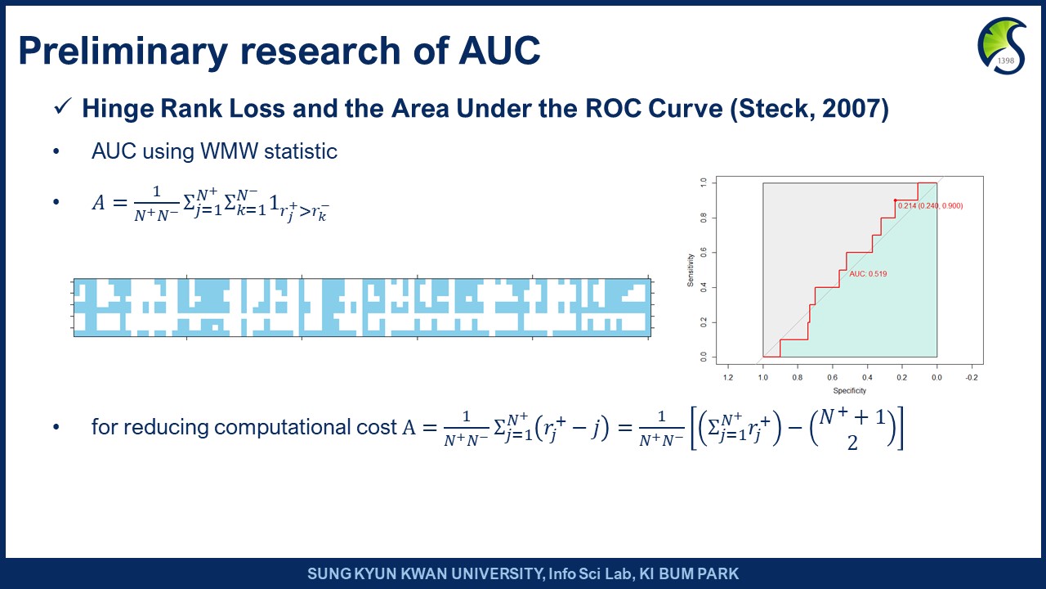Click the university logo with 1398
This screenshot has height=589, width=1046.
[x=1002, y=46]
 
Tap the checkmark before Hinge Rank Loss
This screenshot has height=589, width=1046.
[x=63, y=106]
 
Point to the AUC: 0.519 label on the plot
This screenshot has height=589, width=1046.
[x=868, y=274]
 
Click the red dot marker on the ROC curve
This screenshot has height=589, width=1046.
[x=895, y=200]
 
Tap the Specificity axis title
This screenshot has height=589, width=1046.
[x=849, y=391]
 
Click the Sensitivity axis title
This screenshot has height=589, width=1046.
[x=691, y=270]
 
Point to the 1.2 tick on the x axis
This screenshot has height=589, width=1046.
[x=728, y=378]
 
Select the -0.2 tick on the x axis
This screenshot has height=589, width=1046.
[x=972, y=378]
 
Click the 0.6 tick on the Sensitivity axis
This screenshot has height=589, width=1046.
[x=704, y=253]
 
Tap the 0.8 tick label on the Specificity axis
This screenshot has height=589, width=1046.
[x=798, y=378]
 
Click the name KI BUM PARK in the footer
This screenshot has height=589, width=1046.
[x=689, y=573]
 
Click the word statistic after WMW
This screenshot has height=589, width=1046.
[x=301, y=151]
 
